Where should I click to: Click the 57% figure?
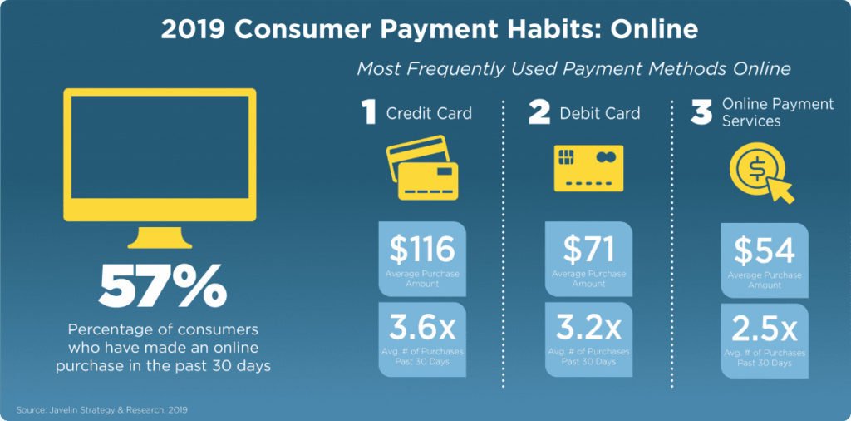coord(163,286)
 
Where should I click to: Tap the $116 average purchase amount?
coord(421,250)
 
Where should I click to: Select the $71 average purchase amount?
coord(588,250)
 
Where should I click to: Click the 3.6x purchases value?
coord(421,329)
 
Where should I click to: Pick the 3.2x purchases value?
coord(588,329)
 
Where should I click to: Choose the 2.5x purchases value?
coord(765,329)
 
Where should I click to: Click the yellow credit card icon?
coord(422,167)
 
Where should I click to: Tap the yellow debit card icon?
coord(588,168)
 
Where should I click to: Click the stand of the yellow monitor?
coord(160,237)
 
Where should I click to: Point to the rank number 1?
coord(369,112)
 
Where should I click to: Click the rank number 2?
coord(539,112)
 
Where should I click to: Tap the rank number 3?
coord(701,112)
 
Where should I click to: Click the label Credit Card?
coord(429,113)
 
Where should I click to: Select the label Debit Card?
coord(600,113)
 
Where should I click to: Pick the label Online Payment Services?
coord(778,112)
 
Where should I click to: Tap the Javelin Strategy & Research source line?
coord(102,409)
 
